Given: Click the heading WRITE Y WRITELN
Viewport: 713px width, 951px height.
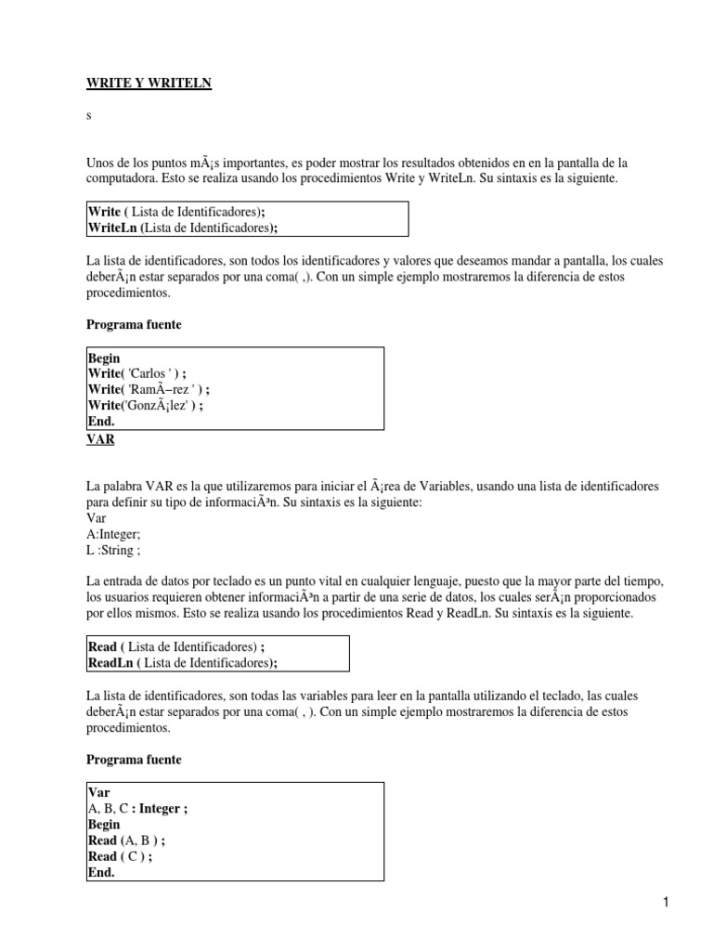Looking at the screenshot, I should (x=149, y=84).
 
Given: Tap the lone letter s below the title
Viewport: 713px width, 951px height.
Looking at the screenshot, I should (x=89, y=117).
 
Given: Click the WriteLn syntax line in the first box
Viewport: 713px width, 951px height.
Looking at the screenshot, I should (x=182, y=228).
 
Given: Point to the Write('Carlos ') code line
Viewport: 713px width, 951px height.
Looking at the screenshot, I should (x=144, y=373).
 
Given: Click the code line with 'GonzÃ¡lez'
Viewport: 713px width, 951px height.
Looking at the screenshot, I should (x=146, y=405).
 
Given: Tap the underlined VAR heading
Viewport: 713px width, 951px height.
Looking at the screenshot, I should (x=100, y=439).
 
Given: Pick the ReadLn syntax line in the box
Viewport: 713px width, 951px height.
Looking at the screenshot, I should (x=182, y=661).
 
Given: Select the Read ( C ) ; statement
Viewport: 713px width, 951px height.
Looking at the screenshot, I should (x=119, y=855).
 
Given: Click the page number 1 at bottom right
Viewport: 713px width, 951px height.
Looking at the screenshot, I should (x=666, y=901).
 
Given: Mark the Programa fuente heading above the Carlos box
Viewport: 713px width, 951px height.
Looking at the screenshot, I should (x=134, y=324).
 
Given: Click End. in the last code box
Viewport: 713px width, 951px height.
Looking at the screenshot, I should (x=100, y=871).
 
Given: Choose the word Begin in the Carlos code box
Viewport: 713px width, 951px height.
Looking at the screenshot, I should (x=104, y=358).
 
